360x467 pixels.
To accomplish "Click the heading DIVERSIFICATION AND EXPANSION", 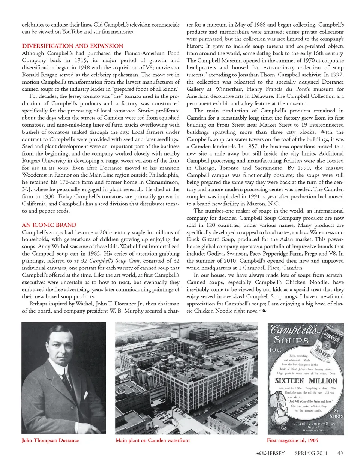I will point(72,46).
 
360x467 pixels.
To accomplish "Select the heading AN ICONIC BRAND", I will point(49,225).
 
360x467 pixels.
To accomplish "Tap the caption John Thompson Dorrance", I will point(50,440).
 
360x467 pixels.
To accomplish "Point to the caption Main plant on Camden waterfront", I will point(153,440).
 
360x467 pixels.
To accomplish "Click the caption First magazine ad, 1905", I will point(292,440).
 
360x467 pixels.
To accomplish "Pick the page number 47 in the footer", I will point(340,453).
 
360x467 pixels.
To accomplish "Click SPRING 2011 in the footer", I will point(311,453).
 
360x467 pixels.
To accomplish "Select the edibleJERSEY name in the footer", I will point(270,453).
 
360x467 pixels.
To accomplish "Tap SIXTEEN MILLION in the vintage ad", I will point(306,380).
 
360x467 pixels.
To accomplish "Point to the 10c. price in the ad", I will point(276,350).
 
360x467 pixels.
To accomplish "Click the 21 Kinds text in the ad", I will point(336,413).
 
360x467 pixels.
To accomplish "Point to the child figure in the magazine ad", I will point(281,410).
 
